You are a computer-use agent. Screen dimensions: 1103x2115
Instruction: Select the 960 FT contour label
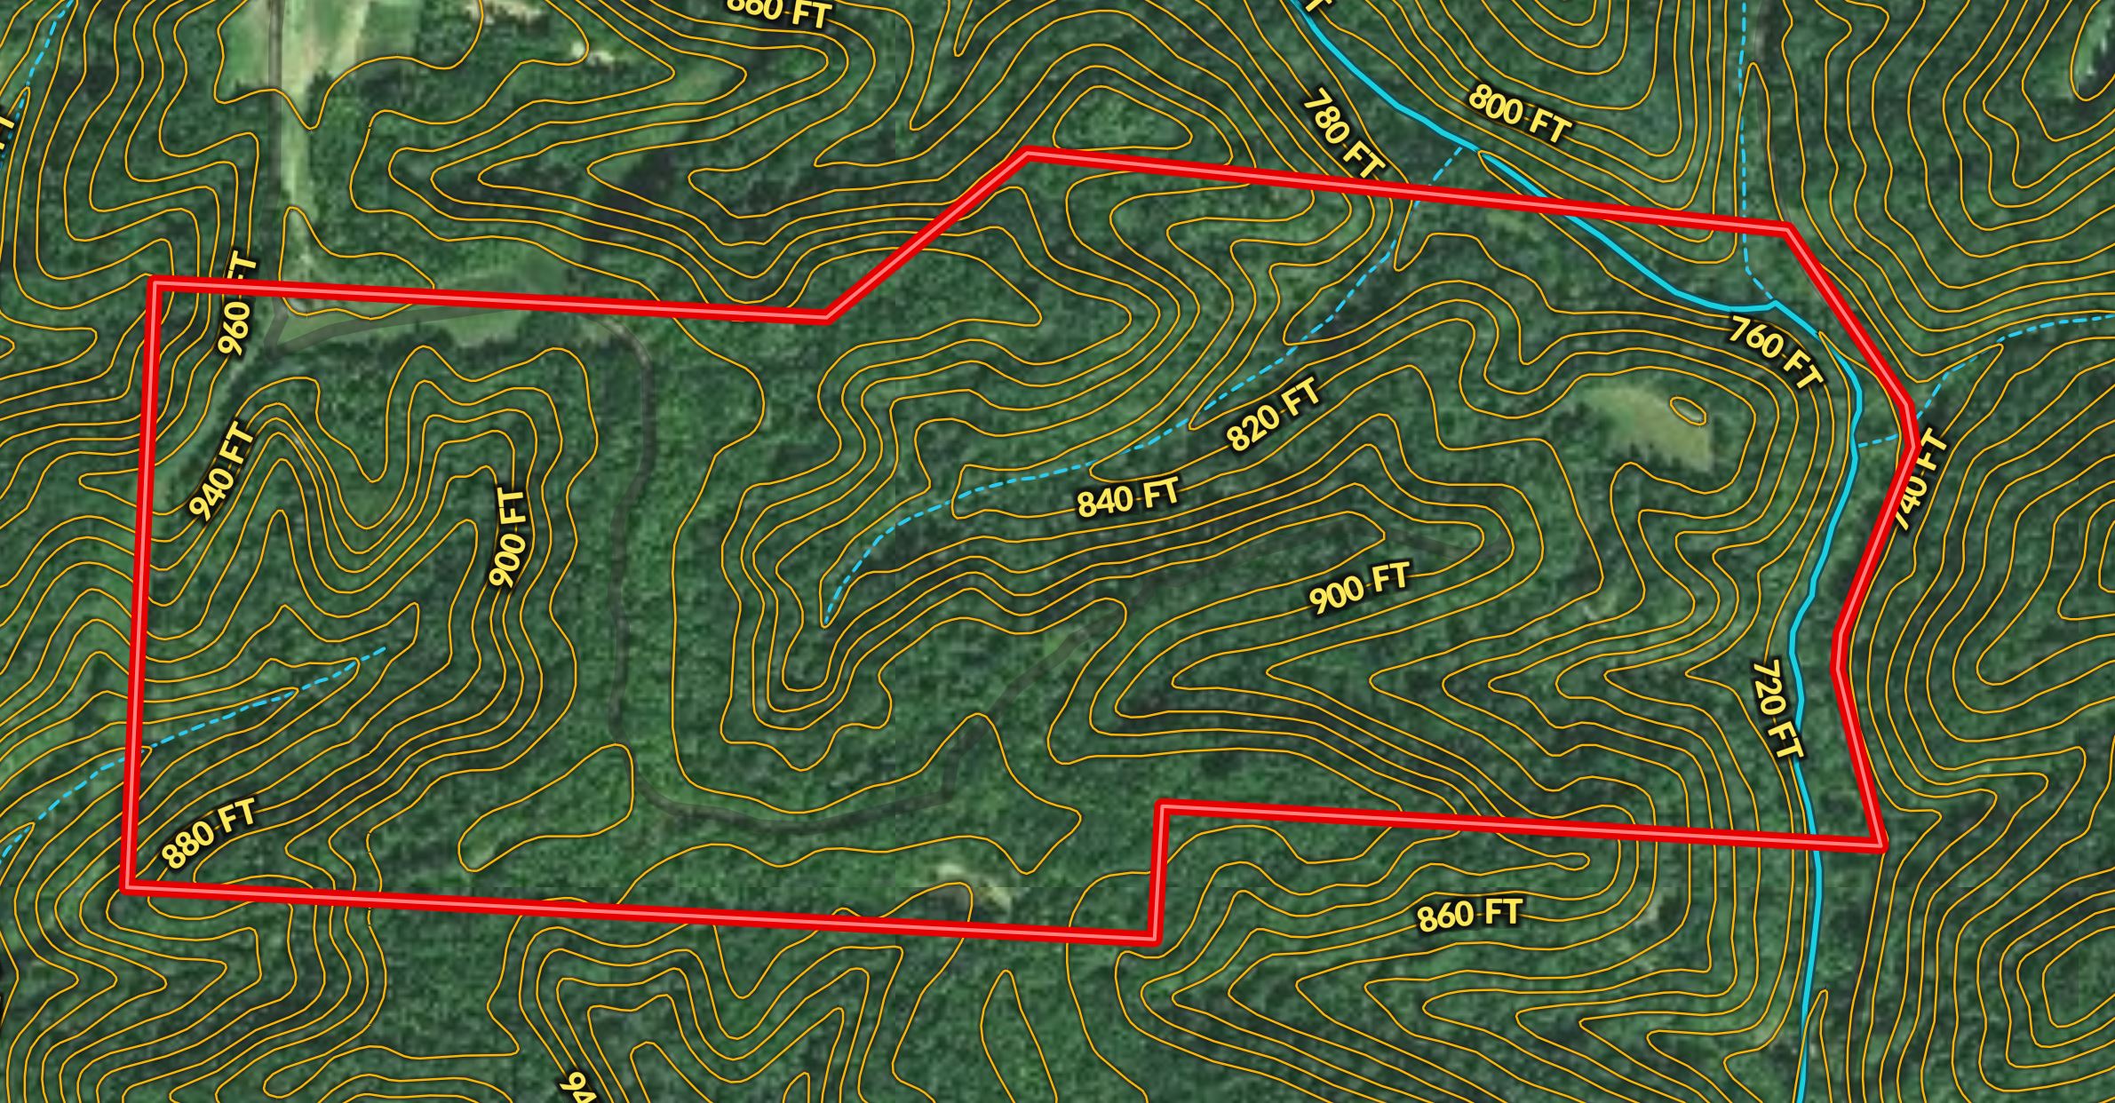coord(237,306)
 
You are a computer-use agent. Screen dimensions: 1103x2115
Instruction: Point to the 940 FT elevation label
coord(222,474)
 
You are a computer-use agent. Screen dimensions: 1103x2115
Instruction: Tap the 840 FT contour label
coord(1128,497)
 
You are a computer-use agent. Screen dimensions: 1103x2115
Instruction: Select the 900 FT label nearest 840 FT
coord(1359,587)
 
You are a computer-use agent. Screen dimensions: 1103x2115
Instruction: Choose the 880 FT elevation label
coord(209,833)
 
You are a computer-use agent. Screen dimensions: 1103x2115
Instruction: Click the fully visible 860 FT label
coord(1469,914)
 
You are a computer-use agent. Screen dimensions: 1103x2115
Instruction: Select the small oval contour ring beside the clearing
coord(1688,410)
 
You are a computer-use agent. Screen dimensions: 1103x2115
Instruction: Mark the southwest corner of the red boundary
coord(127,885)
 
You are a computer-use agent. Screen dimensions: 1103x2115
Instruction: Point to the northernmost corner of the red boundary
coord(1028,154)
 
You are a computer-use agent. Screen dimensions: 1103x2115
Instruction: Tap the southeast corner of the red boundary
coord(1882,845)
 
